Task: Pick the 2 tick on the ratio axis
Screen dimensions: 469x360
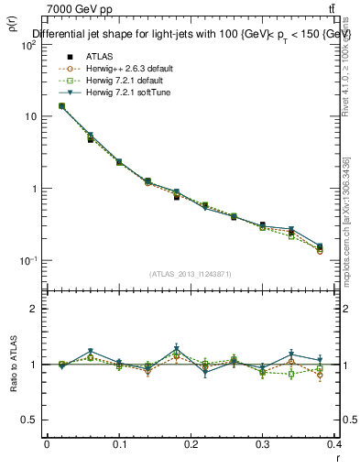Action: coord(32,310)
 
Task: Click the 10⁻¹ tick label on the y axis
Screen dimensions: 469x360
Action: coord(26,261)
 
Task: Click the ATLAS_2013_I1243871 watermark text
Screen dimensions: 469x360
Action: coord(191,274)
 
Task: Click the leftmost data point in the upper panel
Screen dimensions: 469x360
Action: coord(61,105)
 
